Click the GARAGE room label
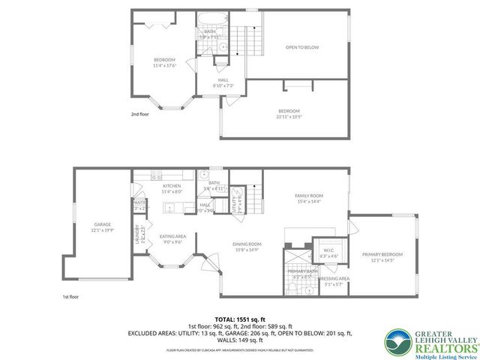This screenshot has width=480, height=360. click(x=102, y=224)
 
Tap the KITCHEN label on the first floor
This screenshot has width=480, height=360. click(x=172, y=185)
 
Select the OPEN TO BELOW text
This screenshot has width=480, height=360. click(x=302, y=47)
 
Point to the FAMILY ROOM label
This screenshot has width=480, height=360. click(x=307, y=195)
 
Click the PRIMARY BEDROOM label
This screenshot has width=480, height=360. click(x=382, y=254)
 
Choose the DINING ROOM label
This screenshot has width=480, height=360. click(x=246, y=244)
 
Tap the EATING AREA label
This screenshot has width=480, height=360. click(x=172, y=236)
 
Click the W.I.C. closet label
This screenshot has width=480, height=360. click(x=328, y=250)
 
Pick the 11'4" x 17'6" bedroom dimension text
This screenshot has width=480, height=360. click(x=165, y=65)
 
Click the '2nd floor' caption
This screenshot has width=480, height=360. click(x=139, y=114)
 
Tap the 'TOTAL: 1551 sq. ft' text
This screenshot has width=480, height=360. click(x=240, y=319)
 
